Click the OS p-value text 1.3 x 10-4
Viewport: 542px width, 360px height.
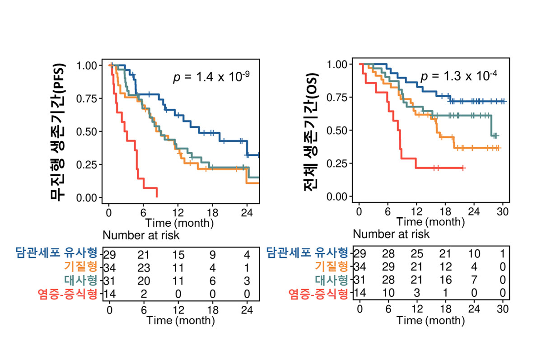click(x=458, y=76)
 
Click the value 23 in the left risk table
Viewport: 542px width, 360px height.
click(x=143, y=266)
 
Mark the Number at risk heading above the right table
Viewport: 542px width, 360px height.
click(x=391, y=234)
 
